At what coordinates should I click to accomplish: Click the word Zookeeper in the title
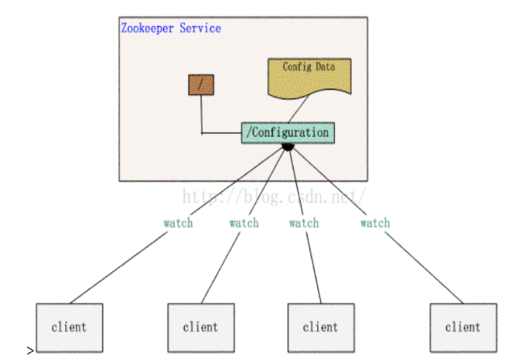[x=147, y=28]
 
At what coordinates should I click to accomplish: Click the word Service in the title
[x=200, y=28]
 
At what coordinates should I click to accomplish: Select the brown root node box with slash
[x=201, y=85]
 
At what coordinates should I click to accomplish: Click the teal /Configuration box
[x=288, y=133]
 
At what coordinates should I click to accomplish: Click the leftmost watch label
[x=178, y=223]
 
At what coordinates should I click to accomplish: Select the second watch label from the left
[x=244, y=223]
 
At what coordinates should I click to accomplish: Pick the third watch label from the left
[x=304, y=223]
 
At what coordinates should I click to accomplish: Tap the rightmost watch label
[x=375, y=223]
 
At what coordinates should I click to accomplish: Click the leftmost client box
[x=69, y=327]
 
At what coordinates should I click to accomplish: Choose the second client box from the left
[x=201, y=327]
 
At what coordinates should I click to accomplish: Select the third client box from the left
[x=321, y=327]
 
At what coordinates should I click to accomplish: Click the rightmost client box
[x=463, y=327]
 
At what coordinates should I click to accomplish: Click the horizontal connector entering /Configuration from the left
[x=222, y=133]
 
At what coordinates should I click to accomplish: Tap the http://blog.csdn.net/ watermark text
[x=273, y=197]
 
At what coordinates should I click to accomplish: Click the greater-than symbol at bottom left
[x=30, y=350]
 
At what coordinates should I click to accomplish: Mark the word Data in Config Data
[x=325, y=67]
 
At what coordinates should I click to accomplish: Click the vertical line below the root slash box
[x=201, y=114]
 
